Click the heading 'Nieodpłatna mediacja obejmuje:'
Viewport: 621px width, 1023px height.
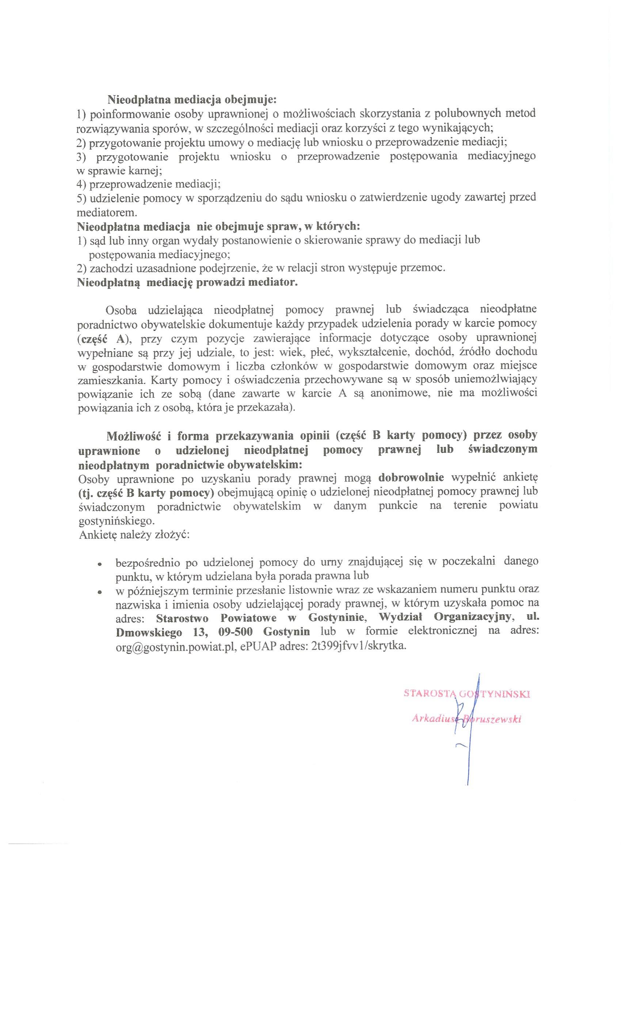click(192, 100)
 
